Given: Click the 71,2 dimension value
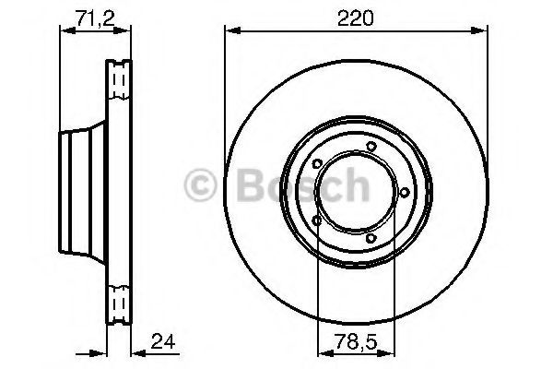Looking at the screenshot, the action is (96, 18).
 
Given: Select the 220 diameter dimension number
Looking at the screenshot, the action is (355, 18).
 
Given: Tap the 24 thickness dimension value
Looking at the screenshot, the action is (163, 341).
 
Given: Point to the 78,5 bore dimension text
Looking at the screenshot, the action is (356, 342).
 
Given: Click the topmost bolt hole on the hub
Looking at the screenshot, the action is (371, 146).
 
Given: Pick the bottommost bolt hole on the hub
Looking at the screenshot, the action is (371, 238).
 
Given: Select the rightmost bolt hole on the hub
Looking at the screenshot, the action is (405, 193).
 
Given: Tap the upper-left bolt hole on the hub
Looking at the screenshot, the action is (317, 164).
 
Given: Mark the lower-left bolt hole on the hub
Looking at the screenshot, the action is (317, 221).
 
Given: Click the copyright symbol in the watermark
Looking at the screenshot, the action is (200, 185).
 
